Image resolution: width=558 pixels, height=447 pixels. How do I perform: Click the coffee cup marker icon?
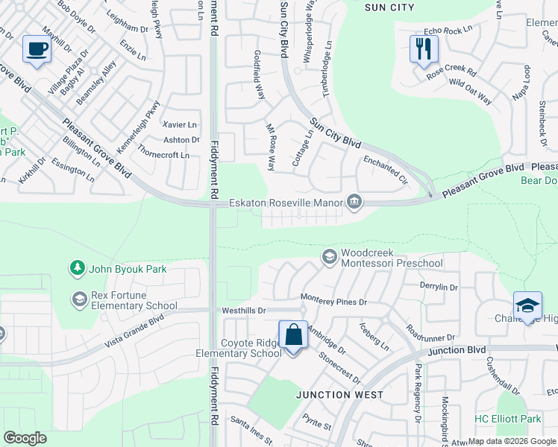tap(36, 49)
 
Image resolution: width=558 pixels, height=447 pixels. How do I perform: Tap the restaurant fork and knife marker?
tap(423, 49)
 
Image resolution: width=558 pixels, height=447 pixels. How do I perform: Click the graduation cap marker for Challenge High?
tap(527, 305)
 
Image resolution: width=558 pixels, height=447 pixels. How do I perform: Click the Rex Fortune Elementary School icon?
tap(79, 299)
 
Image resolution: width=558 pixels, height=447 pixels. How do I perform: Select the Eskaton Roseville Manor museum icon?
tap(354, 202)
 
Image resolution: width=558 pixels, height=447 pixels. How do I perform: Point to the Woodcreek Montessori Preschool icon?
tap(328, 257)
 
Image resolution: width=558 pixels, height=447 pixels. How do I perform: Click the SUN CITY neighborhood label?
tap(389, 7)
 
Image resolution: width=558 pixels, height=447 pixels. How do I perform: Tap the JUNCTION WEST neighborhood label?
tap(341, 395)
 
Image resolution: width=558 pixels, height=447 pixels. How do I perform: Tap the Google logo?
tap(25, 438)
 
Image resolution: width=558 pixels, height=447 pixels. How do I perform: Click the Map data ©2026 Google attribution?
tap(511, 441)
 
